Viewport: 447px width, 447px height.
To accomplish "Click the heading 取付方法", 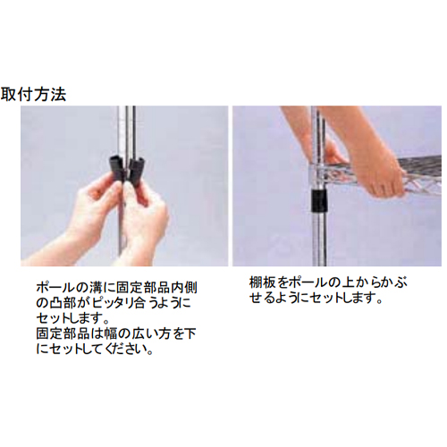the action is coord(33,95).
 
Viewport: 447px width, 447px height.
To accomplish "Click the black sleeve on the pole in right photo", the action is coord(318,201).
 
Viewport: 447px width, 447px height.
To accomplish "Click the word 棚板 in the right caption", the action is coord(261,283).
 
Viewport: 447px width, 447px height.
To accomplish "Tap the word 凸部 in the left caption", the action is coord(62,303).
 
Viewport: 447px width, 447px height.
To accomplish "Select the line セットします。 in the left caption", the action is coord(72,318).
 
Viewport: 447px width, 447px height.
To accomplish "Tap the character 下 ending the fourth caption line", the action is coord(190,333).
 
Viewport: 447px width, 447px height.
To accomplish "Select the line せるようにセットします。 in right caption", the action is coord(316,299).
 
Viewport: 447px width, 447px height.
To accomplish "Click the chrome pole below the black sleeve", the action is coord(318,239).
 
